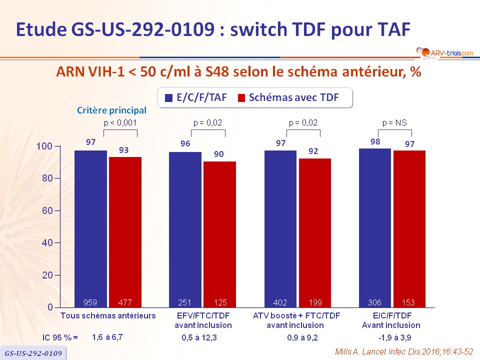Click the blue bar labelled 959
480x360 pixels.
[x=90, y=228]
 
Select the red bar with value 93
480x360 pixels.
[x=125, y=232]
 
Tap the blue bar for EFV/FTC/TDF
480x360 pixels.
[x=185, y=229]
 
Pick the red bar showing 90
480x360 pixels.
[x=219, y=234]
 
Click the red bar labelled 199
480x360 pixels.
[x=315, y=232]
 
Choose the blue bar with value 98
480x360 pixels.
[x=375, y=227]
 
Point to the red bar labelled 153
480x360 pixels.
[x=409, y=228]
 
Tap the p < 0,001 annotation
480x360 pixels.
[x=120, y=122]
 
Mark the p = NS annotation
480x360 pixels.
[x=394, y=122]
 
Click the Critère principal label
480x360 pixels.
[x=111, y=110]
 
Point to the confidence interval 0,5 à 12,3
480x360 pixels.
[x=202, y=337]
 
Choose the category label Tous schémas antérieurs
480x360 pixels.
[x=108, y=315]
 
